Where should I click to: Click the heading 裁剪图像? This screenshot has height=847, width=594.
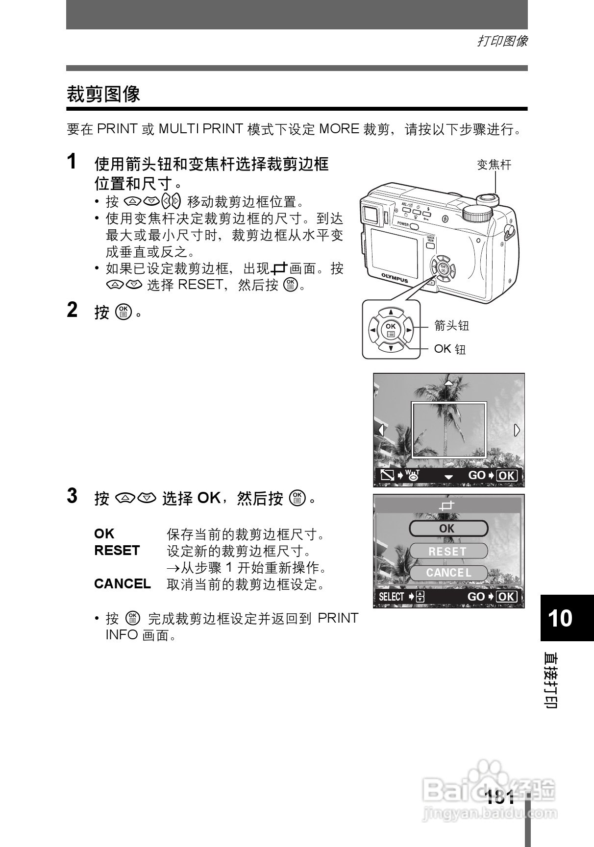coord(103,94)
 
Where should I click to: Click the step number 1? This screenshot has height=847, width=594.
coord(72,161)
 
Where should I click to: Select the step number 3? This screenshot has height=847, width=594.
coord(72,496)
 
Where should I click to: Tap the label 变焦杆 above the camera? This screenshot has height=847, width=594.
coord(494,165)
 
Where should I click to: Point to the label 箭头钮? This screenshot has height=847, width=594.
coord(451,325)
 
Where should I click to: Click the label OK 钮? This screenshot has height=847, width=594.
coord(449,349)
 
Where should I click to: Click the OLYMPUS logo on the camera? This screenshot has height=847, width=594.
coord(395,278)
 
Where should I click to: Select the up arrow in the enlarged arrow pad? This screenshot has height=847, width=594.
coord(391,313)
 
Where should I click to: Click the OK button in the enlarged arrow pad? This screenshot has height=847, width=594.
coord(391,329)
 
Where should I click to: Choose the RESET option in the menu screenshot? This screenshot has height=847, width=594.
coord(448,551)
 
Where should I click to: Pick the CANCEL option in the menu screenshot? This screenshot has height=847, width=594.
coord(448,573)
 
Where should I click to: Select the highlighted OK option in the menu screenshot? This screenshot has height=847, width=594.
coord(448,529)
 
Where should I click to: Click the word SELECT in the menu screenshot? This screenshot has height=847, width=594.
coord(391,597)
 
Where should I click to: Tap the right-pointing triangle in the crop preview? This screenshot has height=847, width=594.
coord(517,430)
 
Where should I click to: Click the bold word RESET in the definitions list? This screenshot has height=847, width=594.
coord(117,551)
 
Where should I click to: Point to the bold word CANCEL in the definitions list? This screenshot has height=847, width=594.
coord(122,584)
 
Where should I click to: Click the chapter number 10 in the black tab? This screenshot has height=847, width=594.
coord(560,618)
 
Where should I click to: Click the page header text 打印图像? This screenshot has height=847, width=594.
coord(502,41)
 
